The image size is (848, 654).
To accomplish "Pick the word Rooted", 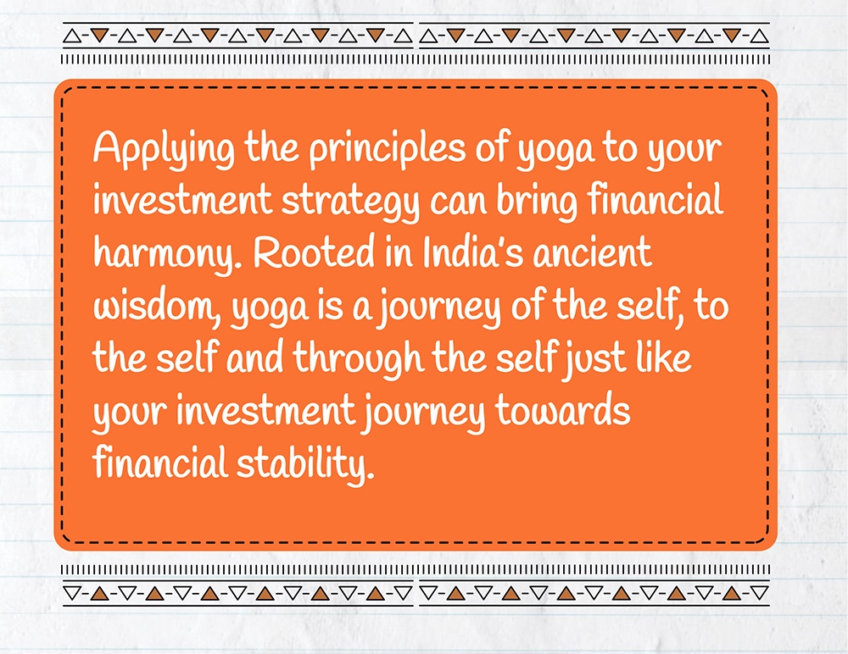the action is tap(313, 252).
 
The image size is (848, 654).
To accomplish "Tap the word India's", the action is tap(472, 252).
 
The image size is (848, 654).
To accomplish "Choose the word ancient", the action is tap(592, 253).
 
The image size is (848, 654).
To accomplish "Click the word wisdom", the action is tap(157, 307).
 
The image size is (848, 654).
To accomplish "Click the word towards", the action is tap(562, 410).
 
